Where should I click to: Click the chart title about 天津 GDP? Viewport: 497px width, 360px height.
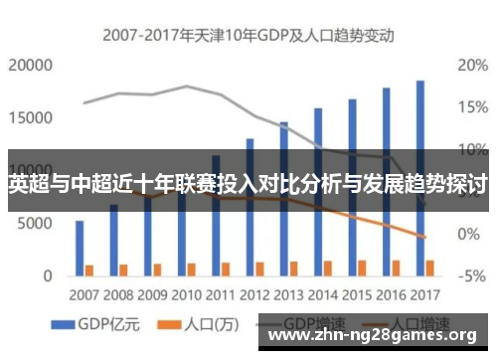[248, 35]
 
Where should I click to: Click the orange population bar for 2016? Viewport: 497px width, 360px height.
[396, 268]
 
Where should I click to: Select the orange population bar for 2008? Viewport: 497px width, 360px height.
[123, 269]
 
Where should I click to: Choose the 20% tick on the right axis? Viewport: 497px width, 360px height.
[471, 66]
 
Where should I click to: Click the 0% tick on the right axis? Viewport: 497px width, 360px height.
[467, 234]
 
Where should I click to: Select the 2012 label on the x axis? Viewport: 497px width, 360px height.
[254, 295]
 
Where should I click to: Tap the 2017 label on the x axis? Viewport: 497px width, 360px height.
[424, 295]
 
